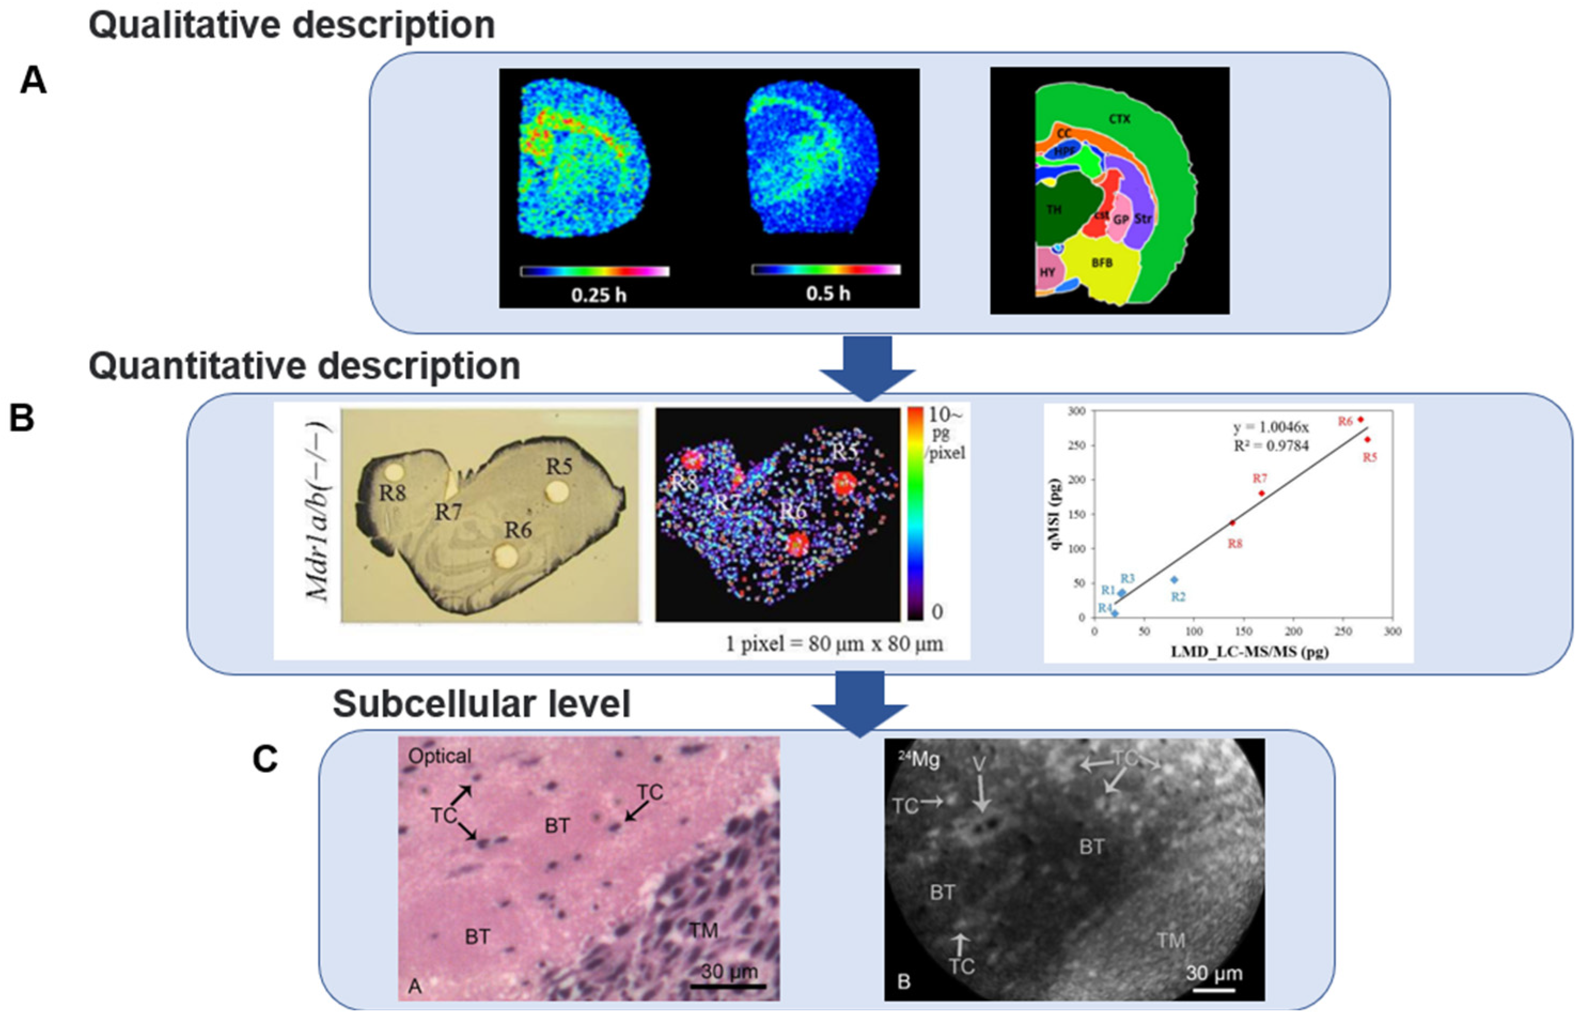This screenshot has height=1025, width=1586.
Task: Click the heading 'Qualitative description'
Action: pyautogui.click(x=292, y=25)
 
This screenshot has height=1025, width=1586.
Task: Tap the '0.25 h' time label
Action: pyautogui.click(x=598, y=294)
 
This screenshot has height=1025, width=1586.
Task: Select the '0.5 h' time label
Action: pyautogui.click(x=828, y=293)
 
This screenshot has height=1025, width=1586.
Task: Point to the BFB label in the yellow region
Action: pyautogui.click(x=1102, y=263)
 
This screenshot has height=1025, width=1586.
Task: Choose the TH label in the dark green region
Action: pyautogui.click(x=1053, y=210)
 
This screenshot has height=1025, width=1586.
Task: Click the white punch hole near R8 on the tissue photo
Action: pyautogui.click(x=395, y=472)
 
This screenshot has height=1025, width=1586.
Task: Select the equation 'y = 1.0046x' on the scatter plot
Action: pyautogui.click(x=1270, y=428)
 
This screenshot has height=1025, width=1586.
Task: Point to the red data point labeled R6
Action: pyautogui.click(x=1361, y=419)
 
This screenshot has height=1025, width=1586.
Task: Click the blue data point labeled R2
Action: pyautogui.click(x=1174, y=580)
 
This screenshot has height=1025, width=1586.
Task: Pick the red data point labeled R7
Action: pyautogui.click(x=1261, y=493)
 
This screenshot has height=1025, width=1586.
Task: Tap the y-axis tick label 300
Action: pyautogui.click(x=1077, y=411)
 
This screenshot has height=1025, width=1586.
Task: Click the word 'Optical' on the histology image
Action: pyautogui.click(x=439, y=756)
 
